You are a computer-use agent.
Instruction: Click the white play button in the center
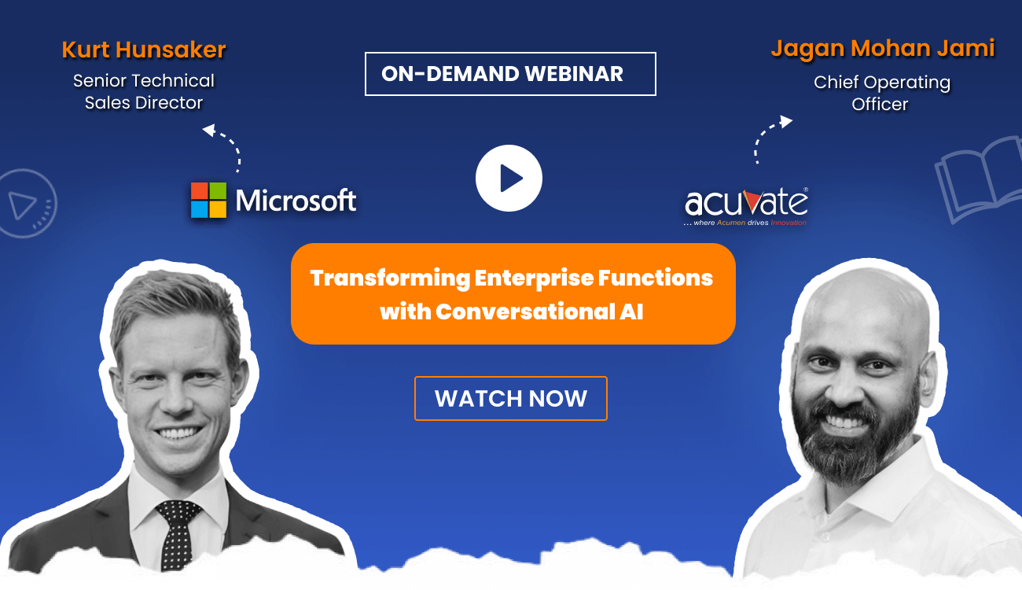(x=509, y=179)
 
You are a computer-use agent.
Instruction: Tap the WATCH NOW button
(x=510, y=398)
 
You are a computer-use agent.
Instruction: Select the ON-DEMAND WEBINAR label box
(x=510, y=74)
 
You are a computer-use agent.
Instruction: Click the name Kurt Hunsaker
(x=144, y=50)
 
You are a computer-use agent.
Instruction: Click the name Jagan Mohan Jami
(x=882, y=49)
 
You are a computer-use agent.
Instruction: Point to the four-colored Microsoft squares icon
(x=208, y=201)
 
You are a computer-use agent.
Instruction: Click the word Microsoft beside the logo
(x=296, y=201)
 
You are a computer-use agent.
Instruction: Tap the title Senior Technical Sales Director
(x=144, y=92)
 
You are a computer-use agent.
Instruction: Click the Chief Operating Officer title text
(x=881, y=93)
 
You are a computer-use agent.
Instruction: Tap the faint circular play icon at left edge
(x=27, y=204)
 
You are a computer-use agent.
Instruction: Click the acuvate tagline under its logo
(x=744, y=223)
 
